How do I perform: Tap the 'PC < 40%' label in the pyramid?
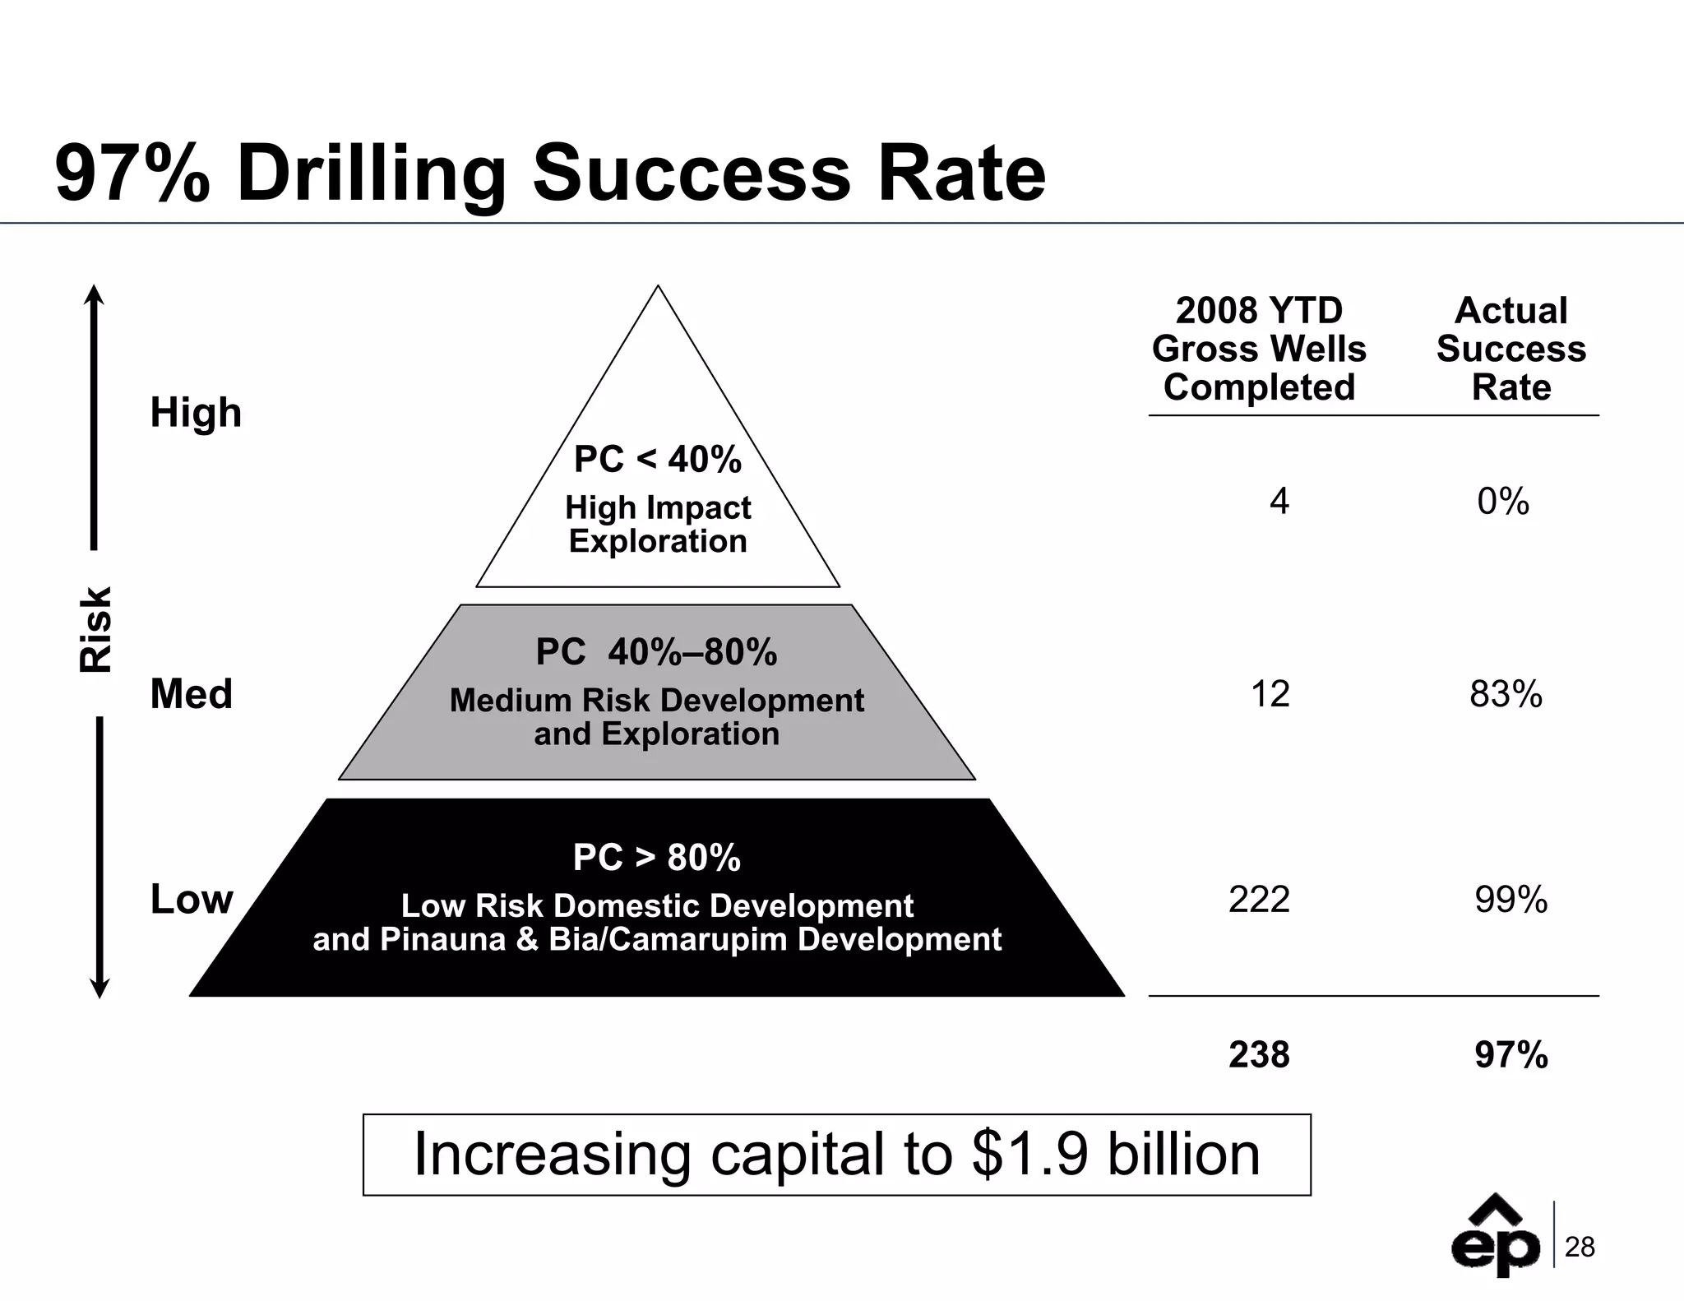(657, 459)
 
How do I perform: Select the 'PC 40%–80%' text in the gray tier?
(656, 652)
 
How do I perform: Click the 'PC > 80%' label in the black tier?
(656, 857)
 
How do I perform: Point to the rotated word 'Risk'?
(95, 629)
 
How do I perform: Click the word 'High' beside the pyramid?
(196, 412)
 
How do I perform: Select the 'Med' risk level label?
(191, 693)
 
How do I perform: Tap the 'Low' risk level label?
(192, 899)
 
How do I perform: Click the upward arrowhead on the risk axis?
(95, 294)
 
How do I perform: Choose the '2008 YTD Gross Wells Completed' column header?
(1259, 349)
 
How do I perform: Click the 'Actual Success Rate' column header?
(1511, 349)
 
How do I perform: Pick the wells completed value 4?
(1279, 501)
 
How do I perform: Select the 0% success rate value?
(1502, 501)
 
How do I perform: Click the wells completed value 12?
(1270, 694)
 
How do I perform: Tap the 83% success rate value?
(1506, 694)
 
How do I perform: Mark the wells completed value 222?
(1259, 899)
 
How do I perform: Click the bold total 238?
(1259, 1054)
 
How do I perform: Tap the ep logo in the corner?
(1494, 1240)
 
